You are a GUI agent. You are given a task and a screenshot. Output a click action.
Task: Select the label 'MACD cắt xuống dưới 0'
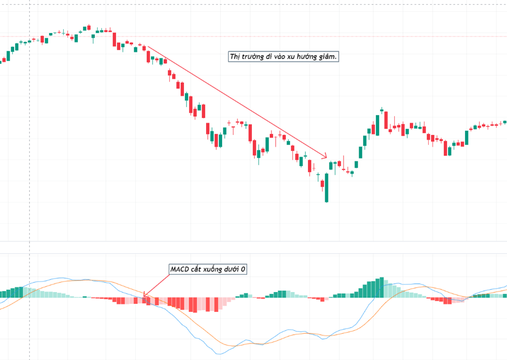click(x=208, y=269)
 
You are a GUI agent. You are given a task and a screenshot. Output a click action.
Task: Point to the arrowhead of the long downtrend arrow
click(x=325, y=157)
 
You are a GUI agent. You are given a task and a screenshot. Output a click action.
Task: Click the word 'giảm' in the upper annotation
click(x=327, y=57)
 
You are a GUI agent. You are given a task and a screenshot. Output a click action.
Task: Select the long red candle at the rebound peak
click(x=386, y=121)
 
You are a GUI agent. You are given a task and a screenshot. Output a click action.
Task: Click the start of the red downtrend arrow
click(x=146, y=46)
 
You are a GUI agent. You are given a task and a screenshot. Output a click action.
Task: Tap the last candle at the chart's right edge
click(x=505, y=122)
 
